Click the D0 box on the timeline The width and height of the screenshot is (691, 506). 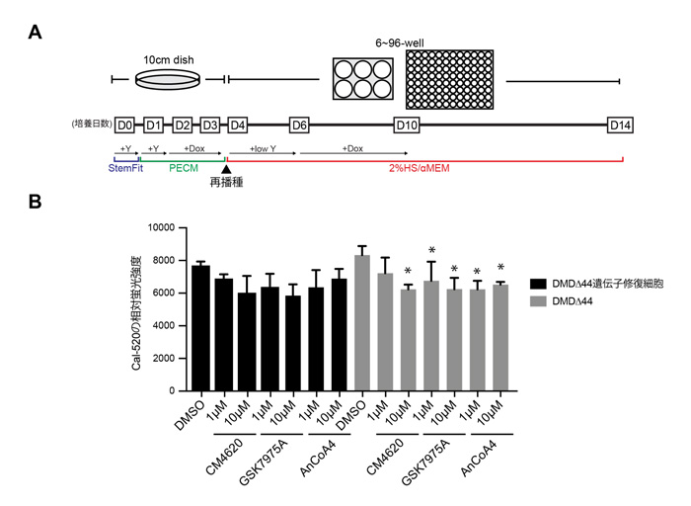[125, 126]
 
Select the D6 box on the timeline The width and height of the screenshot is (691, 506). [300, 126]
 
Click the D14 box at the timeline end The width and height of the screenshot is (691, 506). [620, 126]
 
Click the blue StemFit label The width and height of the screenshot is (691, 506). [126, 167]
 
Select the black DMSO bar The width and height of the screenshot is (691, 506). [201, 328]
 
